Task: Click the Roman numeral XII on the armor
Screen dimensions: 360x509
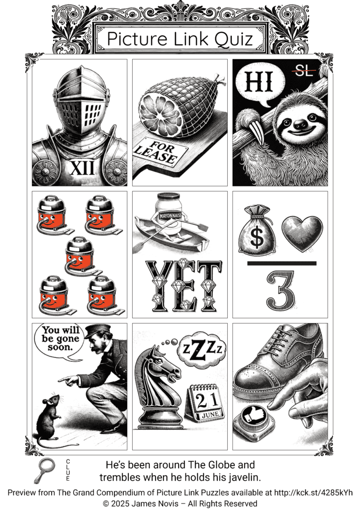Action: [x=82, y=168]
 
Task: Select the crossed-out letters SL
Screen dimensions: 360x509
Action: [x=304, y=71]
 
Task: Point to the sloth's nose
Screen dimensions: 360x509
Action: [x=300, y=123]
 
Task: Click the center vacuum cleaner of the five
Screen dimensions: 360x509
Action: [x=80, y=256]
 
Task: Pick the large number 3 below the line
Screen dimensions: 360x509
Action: [x=281, y=290]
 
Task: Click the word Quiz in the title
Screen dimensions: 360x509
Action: [x=234, y=39]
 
